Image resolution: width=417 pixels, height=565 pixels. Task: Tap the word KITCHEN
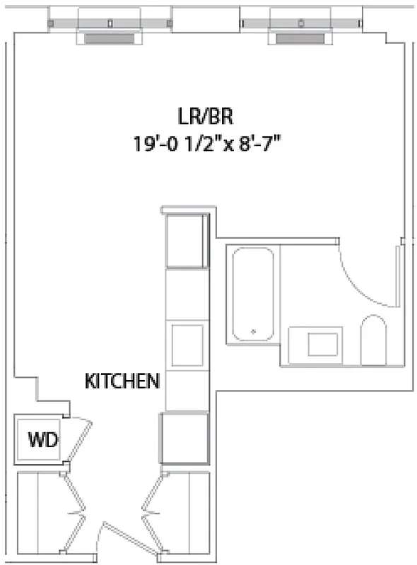(122, 381)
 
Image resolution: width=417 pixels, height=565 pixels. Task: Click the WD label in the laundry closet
(43, 440)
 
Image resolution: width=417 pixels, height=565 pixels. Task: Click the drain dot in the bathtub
(254, 330)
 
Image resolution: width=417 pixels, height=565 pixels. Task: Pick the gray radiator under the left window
(110, 38)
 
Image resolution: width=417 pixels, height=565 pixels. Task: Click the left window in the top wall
(110, 21)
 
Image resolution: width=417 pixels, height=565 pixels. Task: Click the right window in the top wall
(301, 21)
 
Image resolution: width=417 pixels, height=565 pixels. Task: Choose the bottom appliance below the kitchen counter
(184, 438)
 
